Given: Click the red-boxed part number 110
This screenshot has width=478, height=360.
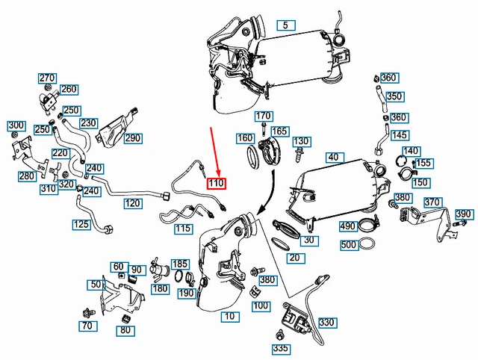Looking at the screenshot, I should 217,183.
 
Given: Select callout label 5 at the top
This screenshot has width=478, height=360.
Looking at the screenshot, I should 285,25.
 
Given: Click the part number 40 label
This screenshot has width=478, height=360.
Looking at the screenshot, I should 332,157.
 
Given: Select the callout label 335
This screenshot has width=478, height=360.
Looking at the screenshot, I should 280,348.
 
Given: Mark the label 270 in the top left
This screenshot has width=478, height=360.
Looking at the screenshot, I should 47,78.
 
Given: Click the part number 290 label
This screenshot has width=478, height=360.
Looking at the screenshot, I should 132,138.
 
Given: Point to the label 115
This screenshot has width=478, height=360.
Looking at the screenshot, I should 183,229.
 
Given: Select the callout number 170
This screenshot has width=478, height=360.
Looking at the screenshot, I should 264,117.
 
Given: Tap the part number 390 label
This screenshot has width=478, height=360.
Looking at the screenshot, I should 464,214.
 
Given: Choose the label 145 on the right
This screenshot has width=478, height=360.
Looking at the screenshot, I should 400,135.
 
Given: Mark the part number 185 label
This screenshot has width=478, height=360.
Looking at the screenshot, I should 180,264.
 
